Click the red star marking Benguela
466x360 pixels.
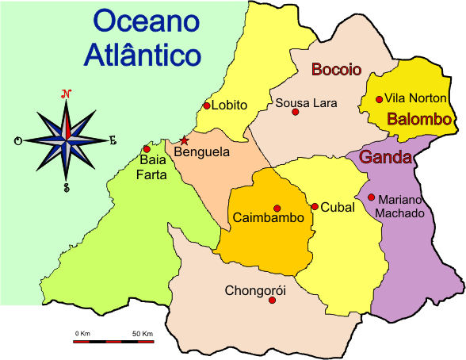click(x=185, y=140)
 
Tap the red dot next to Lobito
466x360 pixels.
click(x=207, y=105)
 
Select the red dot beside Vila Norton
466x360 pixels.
click(x=380, y=99)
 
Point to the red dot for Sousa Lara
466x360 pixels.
click(x=296, y=113)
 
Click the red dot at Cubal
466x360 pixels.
click(x=315, y=207)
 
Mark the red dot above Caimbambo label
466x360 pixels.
click(x=277, y=208)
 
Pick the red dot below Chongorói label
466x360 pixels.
click(x=273, y=301)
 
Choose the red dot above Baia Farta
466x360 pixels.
click(x=147, y=149)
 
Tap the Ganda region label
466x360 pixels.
click(x=385, y=157)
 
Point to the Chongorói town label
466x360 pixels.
click(x=255, y=289)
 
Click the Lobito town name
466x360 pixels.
click(x=231, y=105)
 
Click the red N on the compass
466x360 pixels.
click(x=67, y=94)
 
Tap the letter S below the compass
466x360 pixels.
click(x=67, y=188)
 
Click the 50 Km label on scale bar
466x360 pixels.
click(x=143, y=333)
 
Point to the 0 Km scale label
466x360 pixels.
click(x=83, y=333)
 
